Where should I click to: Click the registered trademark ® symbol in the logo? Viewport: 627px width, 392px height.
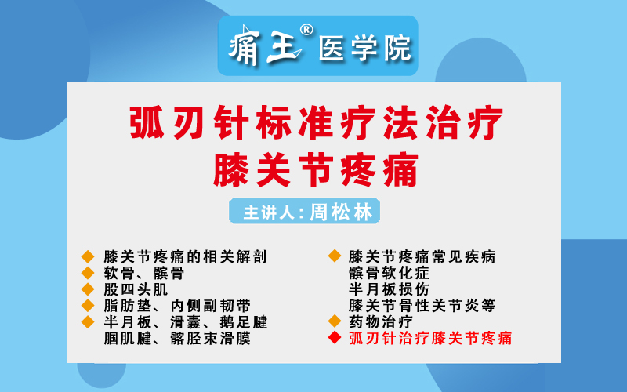click(306, 30)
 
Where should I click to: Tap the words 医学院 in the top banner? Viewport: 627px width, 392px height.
click(364, 49)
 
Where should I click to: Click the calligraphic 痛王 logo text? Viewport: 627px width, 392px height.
click(264, 46)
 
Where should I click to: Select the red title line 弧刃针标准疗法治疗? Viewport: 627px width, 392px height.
click(316, 122)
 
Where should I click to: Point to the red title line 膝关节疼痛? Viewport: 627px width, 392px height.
click(316, 170)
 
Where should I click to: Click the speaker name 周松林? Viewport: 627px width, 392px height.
click(341, 212)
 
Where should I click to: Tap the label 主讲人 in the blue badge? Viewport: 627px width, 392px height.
click(269, 212)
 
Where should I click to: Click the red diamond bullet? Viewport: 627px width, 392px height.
click(335, 338)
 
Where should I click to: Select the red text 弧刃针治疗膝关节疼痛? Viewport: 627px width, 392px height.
click(430, 338)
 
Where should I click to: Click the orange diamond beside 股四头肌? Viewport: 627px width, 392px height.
click(88, 289)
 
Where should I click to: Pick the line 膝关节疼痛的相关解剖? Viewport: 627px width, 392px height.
click(185, 257)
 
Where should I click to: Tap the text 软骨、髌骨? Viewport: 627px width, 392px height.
click(144, 273)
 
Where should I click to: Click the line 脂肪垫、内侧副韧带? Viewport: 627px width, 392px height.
click(177, 306)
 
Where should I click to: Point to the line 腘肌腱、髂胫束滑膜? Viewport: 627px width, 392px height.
click(177, 339)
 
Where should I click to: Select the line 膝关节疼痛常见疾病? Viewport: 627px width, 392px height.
click(422, 257)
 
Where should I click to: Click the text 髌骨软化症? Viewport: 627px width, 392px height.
click(389, 273)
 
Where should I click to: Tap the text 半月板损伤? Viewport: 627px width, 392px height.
click(389, 289)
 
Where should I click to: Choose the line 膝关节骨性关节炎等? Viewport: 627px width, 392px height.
click(422, 306)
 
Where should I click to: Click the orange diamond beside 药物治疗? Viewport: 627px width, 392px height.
click(335, 321)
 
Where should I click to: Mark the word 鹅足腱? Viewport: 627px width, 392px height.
click(244, 322)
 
